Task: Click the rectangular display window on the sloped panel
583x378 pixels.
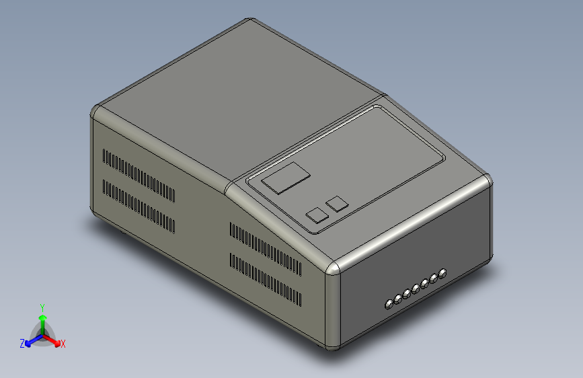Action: pyautogui.click(x=286, y=178)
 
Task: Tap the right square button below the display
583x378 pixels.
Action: pyautogui.click(x=336, y=202)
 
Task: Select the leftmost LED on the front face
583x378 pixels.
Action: pyautogui.click(x=389, y=305)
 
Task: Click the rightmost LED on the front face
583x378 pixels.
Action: pyautogui.click(x=442, y=273)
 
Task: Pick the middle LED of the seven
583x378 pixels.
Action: pyautogui.click(x=416, y=289)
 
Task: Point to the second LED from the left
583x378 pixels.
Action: pyautogui.click(x=398, y=299)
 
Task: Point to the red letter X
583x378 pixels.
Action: pyautogui.click(x=63, y=344)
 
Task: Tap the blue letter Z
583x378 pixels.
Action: pyautogui.click(x=22, y=344)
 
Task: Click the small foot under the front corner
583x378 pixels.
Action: pyautogui.click(x=332, y=349)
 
